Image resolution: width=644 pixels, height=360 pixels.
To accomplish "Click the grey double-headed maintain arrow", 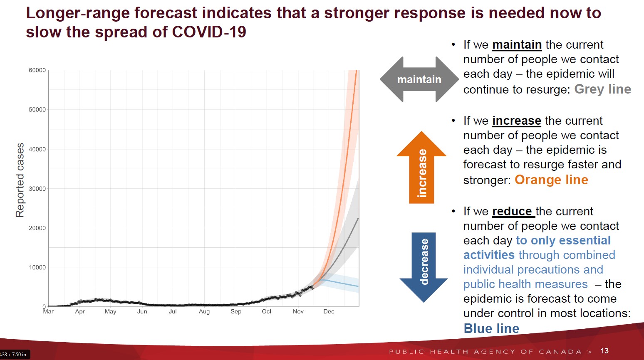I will (x=419, y=79).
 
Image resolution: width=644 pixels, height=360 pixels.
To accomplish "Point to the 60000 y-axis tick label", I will (x=37, y=70).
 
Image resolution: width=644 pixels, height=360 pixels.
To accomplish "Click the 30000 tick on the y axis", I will (x=37, y=189).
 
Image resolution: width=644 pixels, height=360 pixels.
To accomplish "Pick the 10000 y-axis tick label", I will (x=37, y=267).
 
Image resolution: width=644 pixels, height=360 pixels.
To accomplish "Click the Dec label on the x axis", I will (x=329, y=311).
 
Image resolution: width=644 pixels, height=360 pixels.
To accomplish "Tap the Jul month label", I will (x=173, y=311).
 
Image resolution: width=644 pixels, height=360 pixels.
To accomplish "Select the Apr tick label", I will (x=80, y=311).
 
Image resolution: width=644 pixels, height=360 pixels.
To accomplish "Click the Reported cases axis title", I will (x=20, y=180).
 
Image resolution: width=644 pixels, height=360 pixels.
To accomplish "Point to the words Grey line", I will (x=602, y=89).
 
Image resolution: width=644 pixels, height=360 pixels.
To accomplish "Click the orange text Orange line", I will (x=551, y=180).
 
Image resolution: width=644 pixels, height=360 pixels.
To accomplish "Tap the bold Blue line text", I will (x=491, y=328).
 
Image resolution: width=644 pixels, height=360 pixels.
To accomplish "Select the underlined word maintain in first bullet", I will (x=517, y=45).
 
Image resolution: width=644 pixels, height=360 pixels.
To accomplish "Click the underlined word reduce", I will (x=512, y=212).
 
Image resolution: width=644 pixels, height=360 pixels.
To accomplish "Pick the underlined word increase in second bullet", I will (x=516, y=121).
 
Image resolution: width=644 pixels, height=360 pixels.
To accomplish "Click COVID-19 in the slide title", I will (x=209, y=32).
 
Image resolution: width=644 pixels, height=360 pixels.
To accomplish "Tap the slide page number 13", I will (x=604, y=351).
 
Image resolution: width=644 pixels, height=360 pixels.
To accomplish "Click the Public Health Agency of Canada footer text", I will (x=485, y=352).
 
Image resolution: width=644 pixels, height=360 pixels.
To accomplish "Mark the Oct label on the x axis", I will (x=267, y=311).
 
